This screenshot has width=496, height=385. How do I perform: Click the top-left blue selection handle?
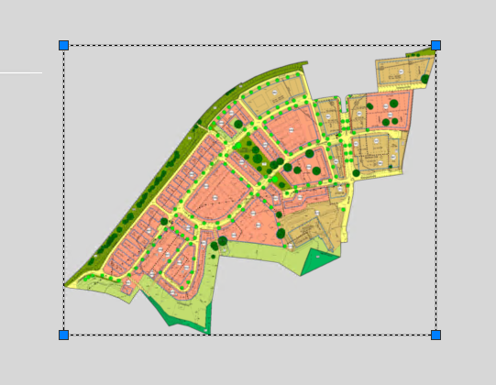click(x=64, y=45)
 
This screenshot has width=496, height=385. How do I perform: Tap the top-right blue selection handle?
click(x=435, y=45)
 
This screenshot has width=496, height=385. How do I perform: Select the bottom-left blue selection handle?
click(x=64, y=335)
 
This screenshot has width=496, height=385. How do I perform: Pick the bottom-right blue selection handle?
click(x=435, y=335)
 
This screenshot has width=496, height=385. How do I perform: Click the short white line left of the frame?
click(x=20, y=72)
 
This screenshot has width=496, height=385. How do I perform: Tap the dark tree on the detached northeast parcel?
click(x=425, y=80)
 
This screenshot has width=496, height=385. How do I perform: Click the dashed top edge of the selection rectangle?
click(x=248, y=45)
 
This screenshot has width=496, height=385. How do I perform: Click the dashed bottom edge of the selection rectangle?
click(x=248, y=335)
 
